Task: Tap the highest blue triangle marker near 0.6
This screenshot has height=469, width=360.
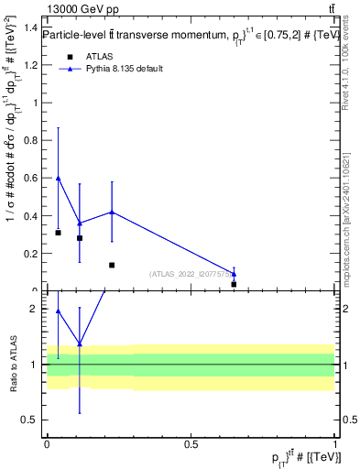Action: (x=59, y=178)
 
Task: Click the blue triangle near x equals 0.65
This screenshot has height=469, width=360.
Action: (x=234, y=273)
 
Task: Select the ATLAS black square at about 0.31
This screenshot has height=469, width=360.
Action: (x=59, y=233)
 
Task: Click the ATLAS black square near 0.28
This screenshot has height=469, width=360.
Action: (x=80, y=238)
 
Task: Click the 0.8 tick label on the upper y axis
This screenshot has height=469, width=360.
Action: (x=33, y=140)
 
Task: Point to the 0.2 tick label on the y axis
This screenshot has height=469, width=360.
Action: (x=33, y=254)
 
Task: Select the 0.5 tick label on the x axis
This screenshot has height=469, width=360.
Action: (x=191, y=444)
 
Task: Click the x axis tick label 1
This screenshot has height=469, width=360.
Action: (x=335, y=444)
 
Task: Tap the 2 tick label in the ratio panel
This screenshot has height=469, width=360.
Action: (x=38, y=310)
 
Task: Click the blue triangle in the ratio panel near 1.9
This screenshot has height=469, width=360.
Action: (x=59, y=311)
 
